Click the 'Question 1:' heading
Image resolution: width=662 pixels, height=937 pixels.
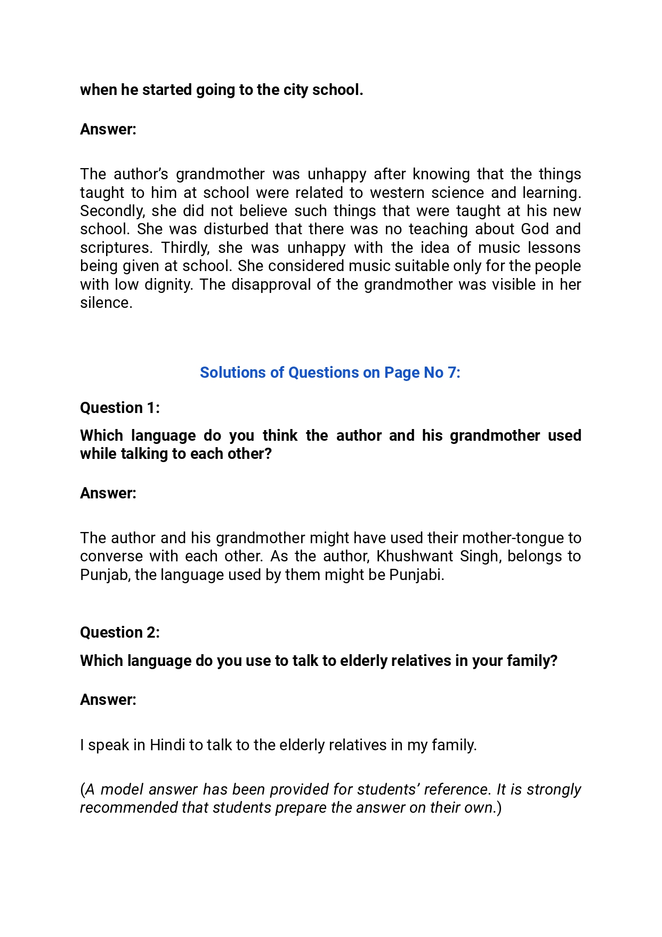[x=120, y=408]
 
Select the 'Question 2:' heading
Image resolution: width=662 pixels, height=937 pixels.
[x=120, y=633]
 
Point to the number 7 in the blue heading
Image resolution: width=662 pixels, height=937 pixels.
[x=452, y=373]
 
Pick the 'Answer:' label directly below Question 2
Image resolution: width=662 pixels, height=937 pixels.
[x=108, y=700]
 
